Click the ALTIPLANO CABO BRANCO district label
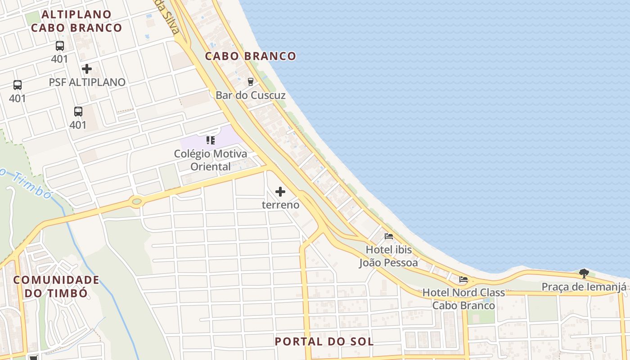76,21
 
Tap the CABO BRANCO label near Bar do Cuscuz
251,56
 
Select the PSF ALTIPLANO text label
87,82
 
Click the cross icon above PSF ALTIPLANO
87,69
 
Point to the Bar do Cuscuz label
251,95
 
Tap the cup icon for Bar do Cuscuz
251,81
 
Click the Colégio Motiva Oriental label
211,160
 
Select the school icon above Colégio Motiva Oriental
211,140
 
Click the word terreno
280,205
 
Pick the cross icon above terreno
280,192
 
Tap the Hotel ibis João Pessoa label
388,256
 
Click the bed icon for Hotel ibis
389,236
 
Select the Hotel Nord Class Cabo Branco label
463,299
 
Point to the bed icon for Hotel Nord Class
463,279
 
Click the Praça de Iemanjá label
584,287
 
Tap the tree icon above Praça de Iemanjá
584,273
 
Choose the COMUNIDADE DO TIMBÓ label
56,287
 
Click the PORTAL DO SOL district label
324,342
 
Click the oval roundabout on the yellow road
137,202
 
